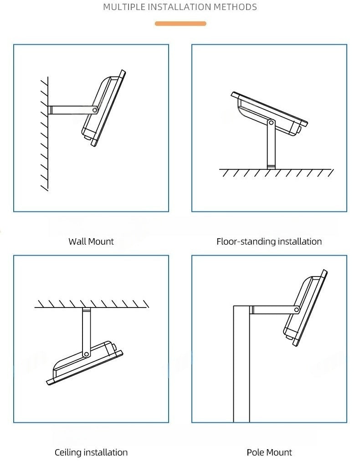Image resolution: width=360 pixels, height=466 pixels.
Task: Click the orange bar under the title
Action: [x=180, y=23]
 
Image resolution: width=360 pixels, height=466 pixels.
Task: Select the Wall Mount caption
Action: [x=91, y=241]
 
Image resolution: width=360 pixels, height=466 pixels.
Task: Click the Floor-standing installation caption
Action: [x=269, y=241]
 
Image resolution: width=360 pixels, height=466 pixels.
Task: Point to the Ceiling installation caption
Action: [x=91, y=452]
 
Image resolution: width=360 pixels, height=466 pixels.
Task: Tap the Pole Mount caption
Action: [x=269, y=452]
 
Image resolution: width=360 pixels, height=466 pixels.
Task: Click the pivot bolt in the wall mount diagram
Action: [x=95, y=110]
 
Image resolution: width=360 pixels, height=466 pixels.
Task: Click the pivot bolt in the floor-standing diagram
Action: [x=271, y=123]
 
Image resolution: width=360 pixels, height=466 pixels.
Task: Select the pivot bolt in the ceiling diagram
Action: [x=85, y=354]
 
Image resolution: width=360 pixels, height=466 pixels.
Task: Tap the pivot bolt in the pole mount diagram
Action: [x=297, y=310]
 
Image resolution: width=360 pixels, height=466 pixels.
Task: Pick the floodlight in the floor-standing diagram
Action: [x=269, y=112]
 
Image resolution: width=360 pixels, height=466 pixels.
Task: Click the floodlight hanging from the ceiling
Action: [x=84, y=364]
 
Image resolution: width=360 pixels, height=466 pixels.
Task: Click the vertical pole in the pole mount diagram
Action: [x=242, y=364]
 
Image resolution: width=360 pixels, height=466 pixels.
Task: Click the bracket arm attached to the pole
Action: [x=273, y=310]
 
